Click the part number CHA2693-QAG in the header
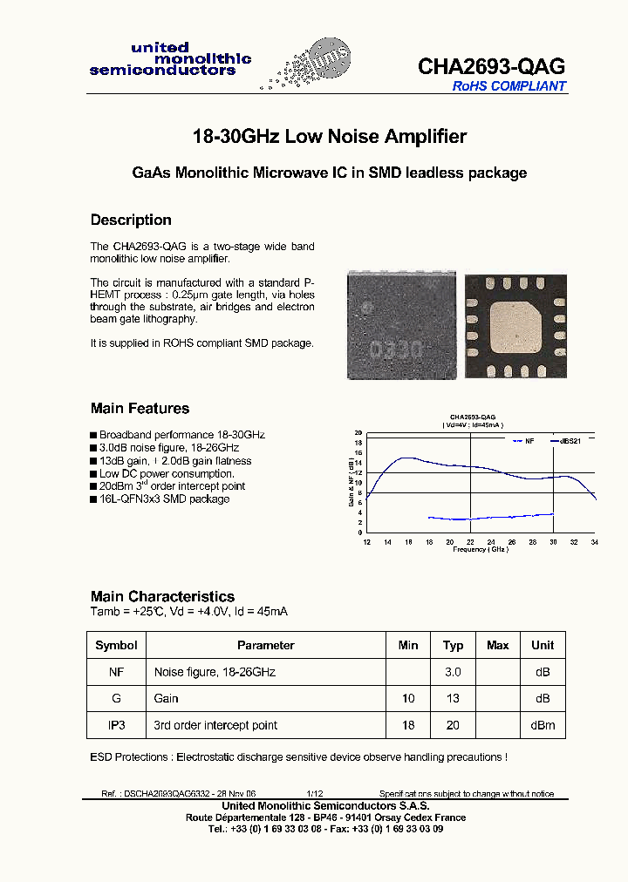tap(491, 66)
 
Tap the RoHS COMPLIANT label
tap(509, 86)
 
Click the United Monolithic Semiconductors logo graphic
tap(309, 65)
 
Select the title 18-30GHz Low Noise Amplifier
tap(329, 137)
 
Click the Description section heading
tap(131, 220)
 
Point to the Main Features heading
tap(140, 408)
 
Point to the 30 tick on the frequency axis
tap(553, 542)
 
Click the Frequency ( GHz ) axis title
tap(480, 550)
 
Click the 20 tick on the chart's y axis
tap(358, 432)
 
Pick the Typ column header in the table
tap(453, 645)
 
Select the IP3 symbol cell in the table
tap(116, 725)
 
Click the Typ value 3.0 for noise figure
tap(453, 672)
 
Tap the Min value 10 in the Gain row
tap(408, 698)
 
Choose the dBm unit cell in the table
tap(543, 725)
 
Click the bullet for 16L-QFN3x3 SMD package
tap(93, 499)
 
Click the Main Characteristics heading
tap(162, 596)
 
